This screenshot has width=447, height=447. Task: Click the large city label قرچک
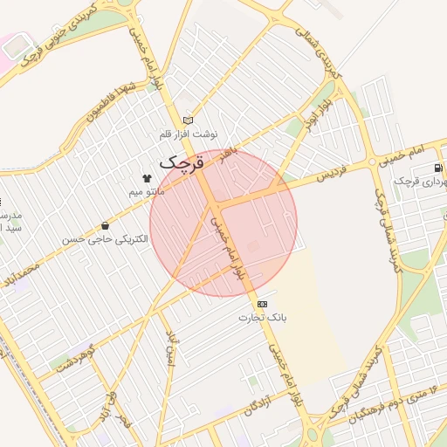182,162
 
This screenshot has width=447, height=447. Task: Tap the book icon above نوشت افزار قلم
188,121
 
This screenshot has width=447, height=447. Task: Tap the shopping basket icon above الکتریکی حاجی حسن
105,226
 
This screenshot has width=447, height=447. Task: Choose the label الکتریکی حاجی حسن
98,238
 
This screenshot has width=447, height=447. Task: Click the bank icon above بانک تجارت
263,304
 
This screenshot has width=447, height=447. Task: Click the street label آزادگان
263,398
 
